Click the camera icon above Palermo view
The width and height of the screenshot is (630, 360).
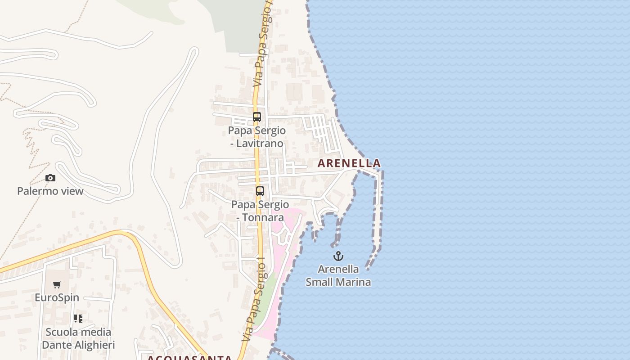(50, 178)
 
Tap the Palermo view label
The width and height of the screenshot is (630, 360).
(50, 191)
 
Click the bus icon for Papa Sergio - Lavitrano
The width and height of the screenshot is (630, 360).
(256, 117)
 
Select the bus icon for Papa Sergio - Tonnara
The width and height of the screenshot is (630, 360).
(260, 191)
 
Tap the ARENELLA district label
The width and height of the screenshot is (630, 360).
(349, 163)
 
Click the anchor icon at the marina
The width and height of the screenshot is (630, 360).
(338, 256)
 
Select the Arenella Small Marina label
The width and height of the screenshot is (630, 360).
(338, 275)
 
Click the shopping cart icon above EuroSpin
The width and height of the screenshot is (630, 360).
(57, 285)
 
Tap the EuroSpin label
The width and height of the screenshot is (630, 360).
(57, 297)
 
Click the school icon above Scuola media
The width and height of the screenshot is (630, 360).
(78, 319)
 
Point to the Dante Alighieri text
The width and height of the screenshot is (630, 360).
(78, 345)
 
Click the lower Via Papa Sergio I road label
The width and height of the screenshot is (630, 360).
(255, 301)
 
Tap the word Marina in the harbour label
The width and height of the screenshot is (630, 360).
(355, 282)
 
